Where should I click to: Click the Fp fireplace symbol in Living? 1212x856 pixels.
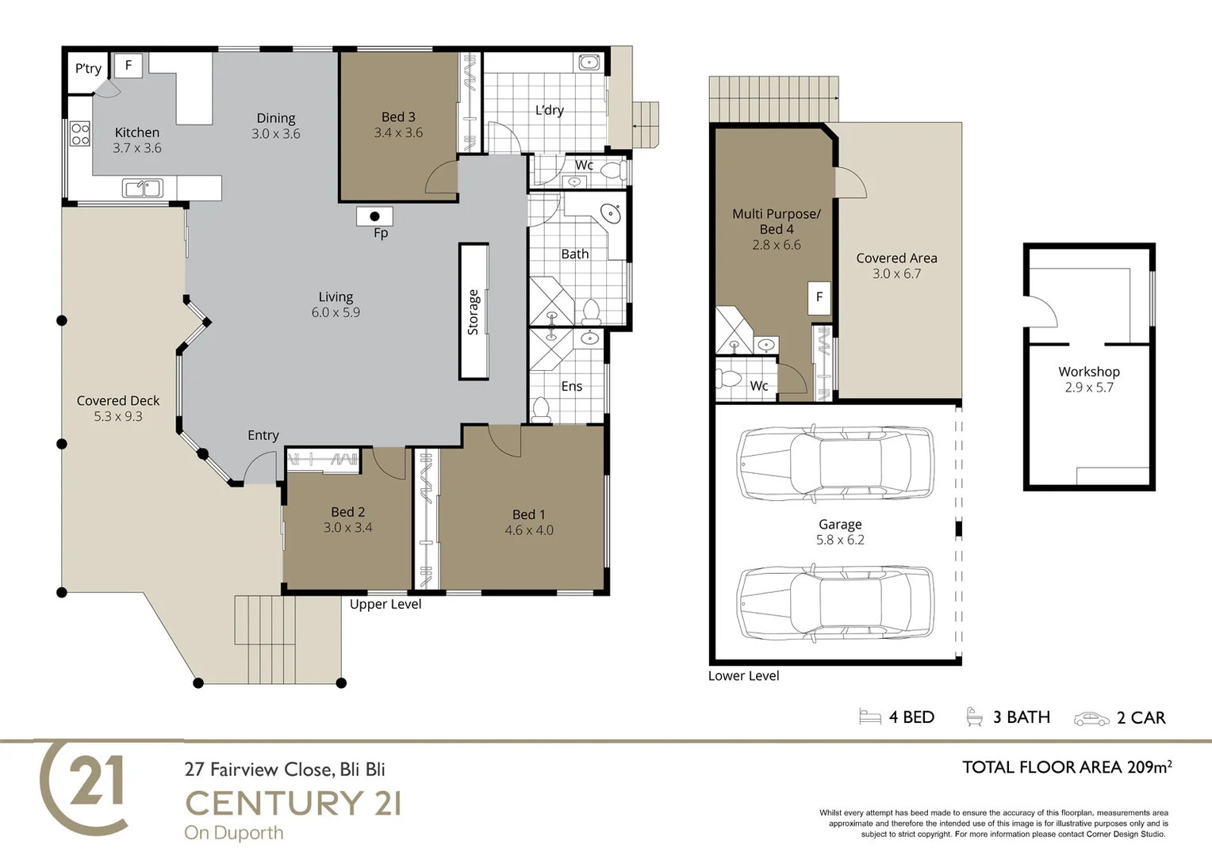coord(374,216)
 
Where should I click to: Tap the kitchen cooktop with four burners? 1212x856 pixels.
coord(80,134)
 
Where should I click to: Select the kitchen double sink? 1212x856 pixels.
coord(142,188)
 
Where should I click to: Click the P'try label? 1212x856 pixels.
coord(88,69)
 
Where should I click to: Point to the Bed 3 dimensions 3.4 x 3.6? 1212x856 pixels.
coord(398,132)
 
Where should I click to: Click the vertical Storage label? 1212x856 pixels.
coord(473,312)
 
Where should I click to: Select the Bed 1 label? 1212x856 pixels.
coord(528,514)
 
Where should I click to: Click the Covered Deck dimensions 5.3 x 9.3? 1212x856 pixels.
coord(118,416)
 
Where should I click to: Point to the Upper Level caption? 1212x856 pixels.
coord(385,604)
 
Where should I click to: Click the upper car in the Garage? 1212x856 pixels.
coord(835,464)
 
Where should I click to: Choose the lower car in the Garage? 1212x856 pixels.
coord(835,604)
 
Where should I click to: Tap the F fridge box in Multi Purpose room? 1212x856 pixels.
coord(819,297)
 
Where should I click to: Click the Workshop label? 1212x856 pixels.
coord(1089,372)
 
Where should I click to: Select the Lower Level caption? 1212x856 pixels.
coord(743,675)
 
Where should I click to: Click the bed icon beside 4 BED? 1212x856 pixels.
coord(870,717)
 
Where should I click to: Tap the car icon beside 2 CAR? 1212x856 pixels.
coord(1091,719)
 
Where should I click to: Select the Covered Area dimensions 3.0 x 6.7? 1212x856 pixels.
coord(896,273)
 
